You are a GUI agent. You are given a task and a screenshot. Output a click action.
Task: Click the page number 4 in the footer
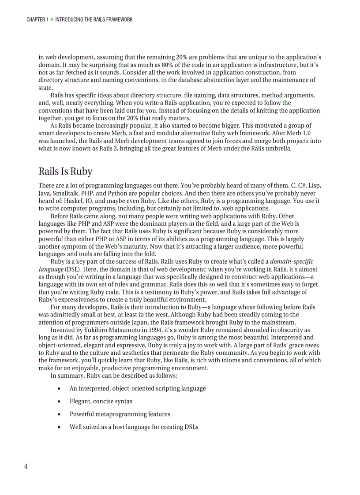pos(26,467)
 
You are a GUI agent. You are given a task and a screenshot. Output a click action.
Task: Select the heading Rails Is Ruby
pos(65,171)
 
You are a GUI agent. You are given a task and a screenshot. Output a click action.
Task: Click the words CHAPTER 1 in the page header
pos(37,20)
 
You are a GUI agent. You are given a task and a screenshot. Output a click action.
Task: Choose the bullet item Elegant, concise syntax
pos(101,401)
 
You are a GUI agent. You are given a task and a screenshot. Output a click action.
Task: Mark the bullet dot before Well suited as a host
pos(59,427)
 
